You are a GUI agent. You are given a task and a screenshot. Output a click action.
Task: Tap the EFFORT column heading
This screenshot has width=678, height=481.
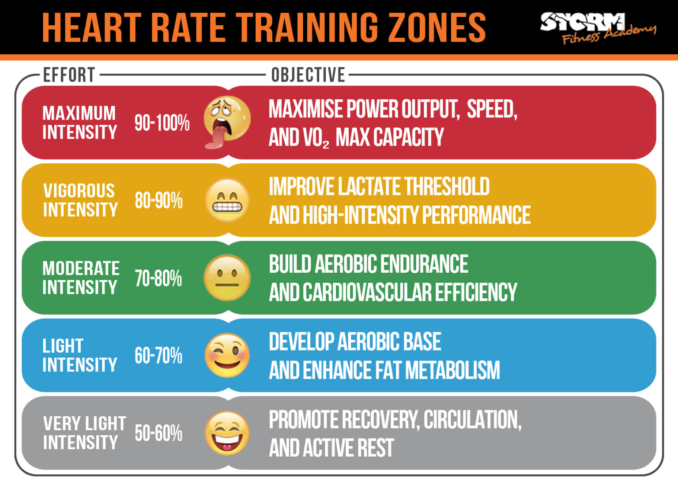coord(69,75)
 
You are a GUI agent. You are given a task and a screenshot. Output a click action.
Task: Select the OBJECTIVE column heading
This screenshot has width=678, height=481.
coord(308,75)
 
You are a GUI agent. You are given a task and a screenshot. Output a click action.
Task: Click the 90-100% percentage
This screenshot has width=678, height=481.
coord(162,123)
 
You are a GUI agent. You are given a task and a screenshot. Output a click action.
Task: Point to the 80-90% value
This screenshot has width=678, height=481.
coord(158,200)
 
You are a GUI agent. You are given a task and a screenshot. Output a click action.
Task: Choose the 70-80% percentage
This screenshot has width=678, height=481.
coord(158,278)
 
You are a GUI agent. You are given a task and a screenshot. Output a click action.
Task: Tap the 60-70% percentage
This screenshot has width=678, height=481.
coord(158,356)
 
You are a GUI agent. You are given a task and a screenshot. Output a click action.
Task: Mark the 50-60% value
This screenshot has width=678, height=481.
coord(158,433)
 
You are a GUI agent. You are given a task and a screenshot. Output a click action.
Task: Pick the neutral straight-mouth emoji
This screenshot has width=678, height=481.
coord(227,278)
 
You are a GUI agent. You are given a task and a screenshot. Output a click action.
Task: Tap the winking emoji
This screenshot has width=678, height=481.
coord(227,356)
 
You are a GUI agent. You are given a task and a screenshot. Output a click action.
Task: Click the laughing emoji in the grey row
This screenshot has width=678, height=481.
coord(227,433)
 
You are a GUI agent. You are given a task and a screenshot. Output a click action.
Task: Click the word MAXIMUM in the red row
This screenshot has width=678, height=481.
coord(79,113)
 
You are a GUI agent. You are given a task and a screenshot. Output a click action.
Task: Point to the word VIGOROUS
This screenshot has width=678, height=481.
coord(79,191)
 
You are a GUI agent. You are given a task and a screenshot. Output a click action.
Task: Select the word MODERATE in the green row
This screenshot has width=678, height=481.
coord(81,268)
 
